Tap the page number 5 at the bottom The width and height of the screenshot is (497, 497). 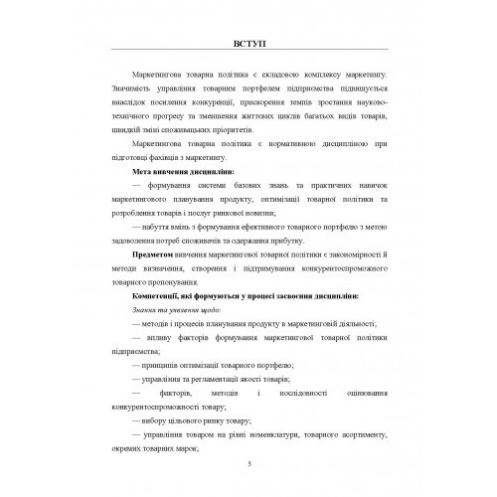(248, 464)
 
